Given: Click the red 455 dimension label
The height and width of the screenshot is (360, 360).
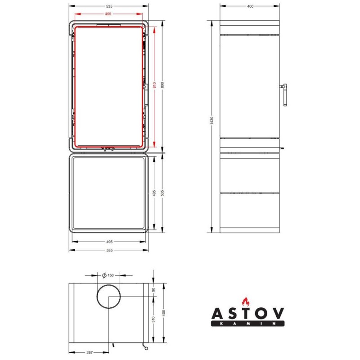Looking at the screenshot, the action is [108, 14].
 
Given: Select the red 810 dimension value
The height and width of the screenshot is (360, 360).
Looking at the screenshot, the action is [154, 85].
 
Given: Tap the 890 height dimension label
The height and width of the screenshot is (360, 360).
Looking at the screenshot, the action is [163, 85].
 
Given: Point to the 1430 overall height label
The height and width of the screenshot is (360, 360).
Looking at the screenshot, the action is [211, 121].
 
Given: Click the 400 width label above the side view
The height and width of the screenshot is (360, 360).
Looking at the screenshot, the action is [250, 6].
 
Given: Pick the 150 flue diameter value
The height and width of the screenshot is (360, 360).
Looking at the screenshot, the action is [110, 275].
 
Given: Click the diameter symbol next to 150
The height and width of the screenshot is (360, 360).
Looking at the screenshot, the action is [104, 275].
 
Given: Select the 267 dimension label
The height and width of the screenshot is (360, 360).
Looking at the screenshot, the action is [90, 352].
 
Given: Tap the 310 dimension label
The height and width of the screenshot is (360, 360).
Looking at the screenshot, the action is [153, 319].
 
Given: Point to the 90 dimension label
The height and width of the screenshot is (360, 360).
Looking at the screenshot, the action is [153, 290].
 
